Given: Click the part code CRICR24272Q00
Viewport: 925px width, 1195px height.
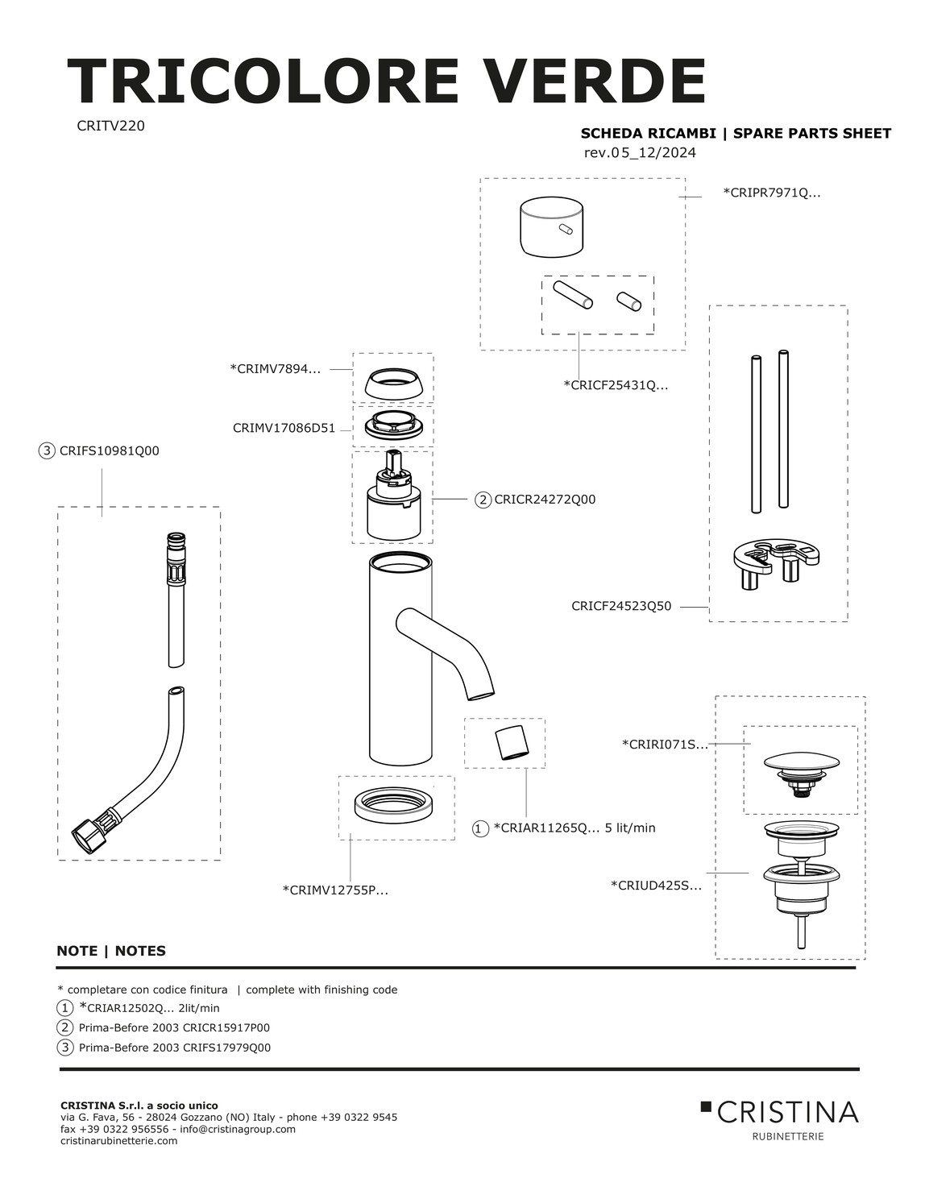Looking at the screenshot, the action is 545,500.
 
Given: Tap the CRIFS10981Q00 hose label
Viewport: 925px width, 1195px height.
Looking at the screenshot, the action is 110,451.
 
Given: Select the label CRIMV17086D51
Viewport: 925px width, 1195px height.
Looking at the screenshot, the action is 284,428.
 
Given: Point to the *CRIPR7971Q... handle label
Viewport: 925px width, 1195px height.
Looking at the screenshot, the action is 772,193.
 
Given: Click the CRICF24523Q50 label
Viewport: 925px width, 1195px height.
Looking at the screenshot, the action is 621,606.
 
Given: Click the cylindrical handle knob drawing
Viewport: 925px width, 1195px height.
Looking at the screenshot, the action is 551,227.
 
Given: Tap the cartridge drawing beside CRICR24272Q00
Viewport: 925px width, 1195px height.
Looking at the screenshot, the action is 392,495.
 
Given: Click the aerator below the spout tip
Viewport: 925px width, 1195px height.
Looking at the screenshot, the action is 512,742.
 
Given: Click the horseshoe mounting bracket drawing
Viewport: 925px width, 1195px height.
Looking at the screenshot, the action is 776,562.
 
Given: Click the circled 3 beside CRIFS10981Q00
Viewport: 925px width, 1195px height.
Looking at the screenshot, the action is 47,451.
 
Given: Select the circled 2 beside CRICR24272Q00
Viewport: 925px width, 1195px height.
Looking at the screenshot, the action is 483,500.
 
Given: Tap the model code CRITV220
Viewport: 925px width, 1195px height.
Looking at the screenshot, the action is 110,126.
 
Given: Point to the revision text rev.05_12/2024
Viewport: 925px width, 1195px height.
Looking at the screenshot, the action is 640,153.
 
